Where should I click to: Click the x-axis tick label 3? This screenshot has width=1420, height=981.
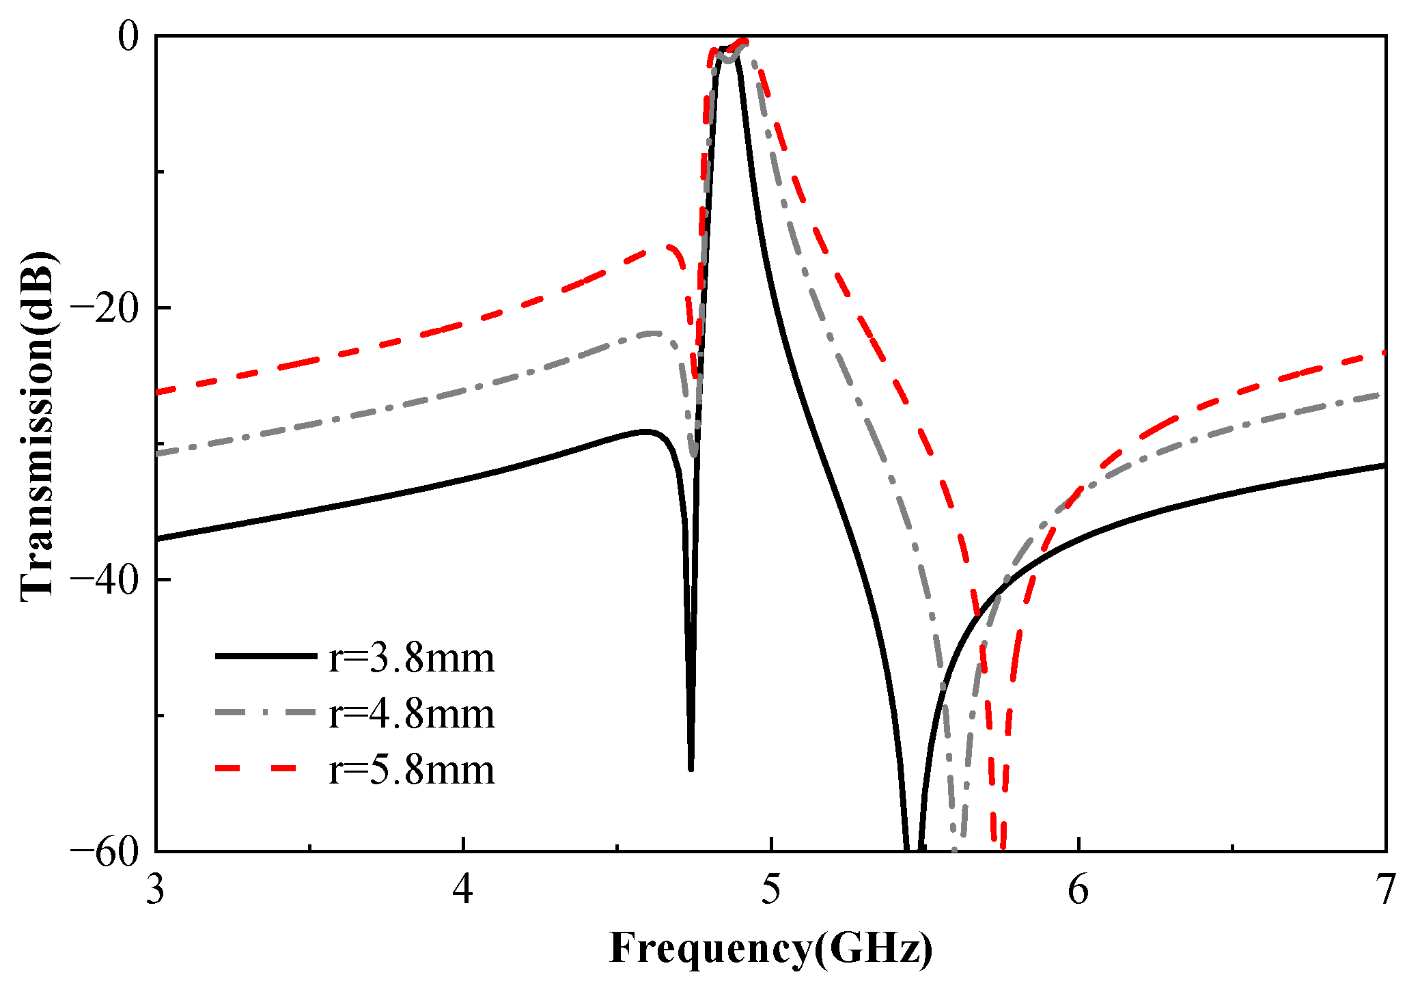[156, 891]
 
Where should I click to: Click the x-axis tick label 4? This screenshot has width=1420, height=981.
[463, 891]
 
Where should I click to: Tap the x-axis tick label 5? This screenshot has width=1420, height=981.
[770, 891]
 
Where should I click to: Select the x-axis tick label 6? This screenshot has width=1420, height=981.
[1078, 891]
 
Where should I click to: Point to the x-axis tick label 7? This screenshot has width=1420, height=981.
[1385, 891]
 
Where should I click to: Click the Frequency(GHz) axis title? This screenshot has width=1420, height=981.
[770, 948]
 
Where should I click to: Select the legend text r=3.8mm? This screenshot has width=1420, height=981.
[411, 658]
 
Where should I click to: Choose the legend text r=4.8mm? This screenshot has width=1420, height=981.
[411, 714]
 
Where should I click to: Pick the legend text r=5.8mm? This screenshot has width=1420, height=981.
[411, 770]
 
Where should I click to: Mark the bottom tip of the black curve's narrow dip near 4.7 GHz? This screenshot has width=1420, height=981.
[691, 769]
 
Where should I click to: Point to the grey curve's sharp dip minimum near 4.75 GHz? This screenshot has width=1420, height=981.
[693, 454]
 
